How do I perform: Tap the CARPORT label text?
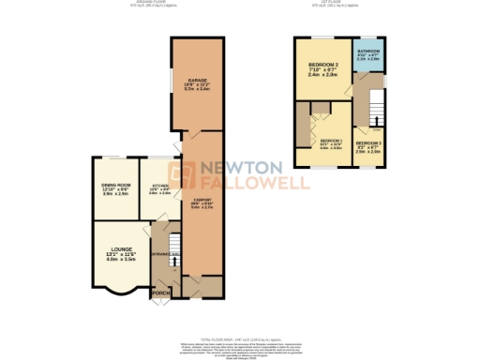[x=197, y=200]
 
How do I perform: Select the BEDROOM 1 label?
[x=331, y=141]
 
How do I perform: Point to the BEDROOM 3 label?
[x=368, y=142]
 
